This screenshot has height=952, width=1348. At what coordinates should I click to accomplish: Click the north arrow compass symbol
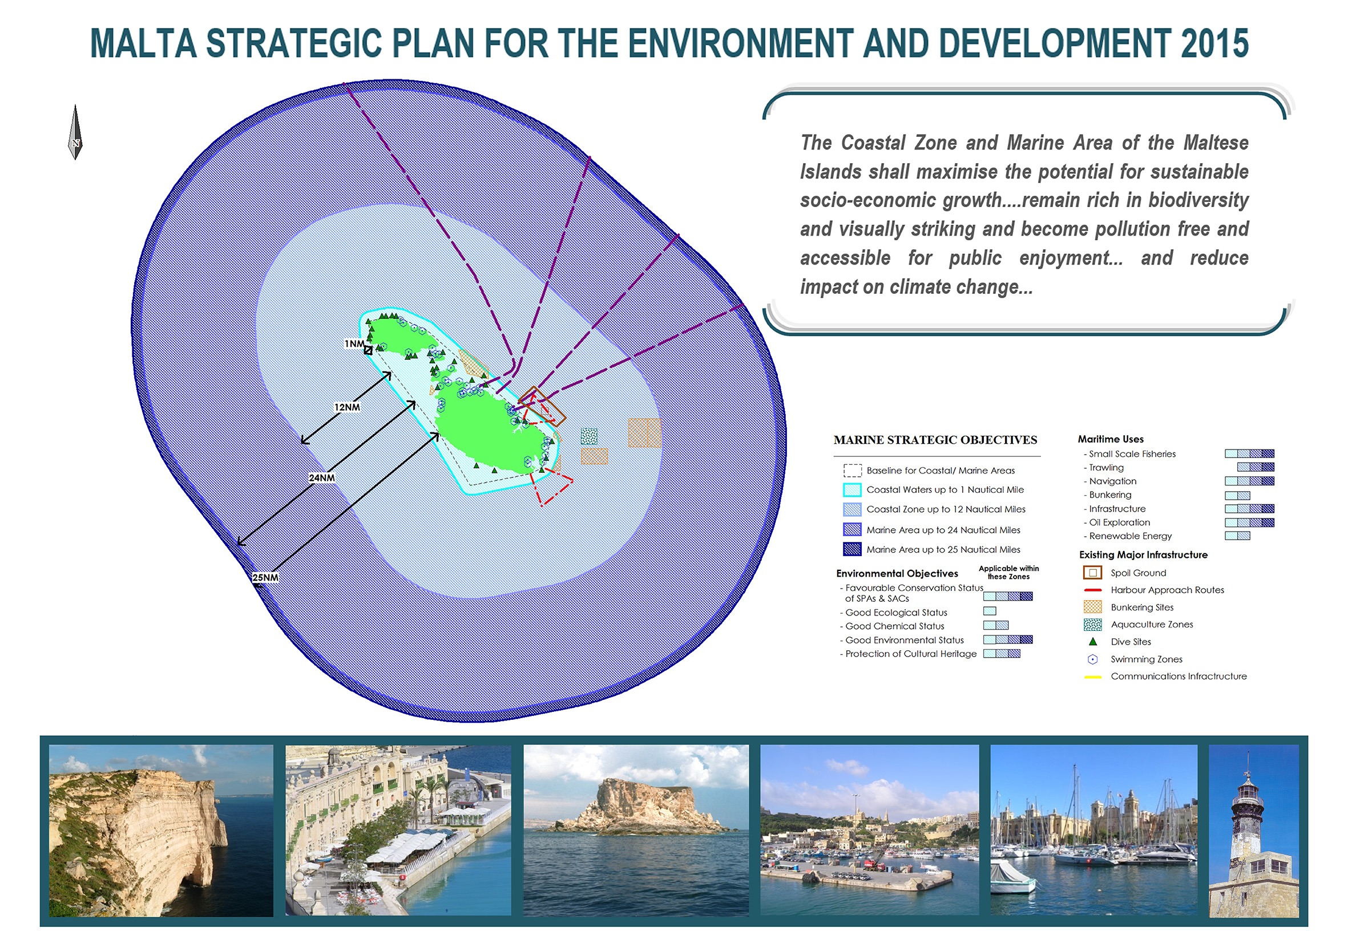pos(75,132)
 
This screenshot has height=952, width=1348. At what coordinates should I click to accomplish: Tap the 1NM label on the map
pos(354,344)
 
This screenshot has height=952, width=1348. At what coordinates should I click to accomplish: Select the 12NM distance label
pos(347,407)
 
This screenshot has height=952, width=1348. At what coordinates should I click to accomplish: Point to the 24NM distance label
pos(322,478)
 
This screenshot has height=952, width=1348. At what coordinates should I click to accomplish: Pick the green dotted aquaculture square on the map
pos(589,436)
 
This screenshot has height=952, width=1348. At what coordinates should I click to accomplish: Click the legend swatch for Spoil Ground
pos(1092,573)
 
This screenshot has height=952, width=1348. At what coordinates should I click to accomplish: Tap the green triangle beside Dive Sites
pos(1092,642)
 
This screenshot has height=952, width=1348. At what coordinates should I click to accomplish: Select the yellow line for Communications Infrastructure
pos(1092,676)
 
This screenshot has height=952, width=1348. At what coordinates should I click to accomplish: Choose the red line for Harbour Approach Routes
pos(1092,590)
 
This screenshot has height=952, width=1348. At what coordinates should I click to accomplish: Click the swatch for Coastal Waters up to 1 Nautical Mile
pos(852,489)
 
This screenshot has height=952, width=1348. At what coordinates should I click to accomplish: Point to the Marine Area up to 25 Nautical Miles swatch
pos(852,549)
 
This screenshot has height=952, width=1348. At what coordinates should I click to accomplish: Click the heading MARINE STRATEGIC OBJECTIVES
pos(935,440)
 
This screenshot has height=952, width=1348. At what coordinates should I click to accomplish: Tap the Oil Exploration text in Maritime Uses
pos(1120,522)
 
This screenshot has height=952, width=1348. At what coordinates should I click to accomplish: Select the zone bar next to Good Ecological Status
pos(990,611)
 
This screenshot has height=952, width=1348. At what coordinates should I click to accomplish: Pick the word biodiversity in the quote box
pos(1198,200)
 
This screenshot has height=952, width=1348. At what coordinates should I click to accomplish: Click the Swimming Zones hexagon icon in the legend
pos(1092,659)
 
